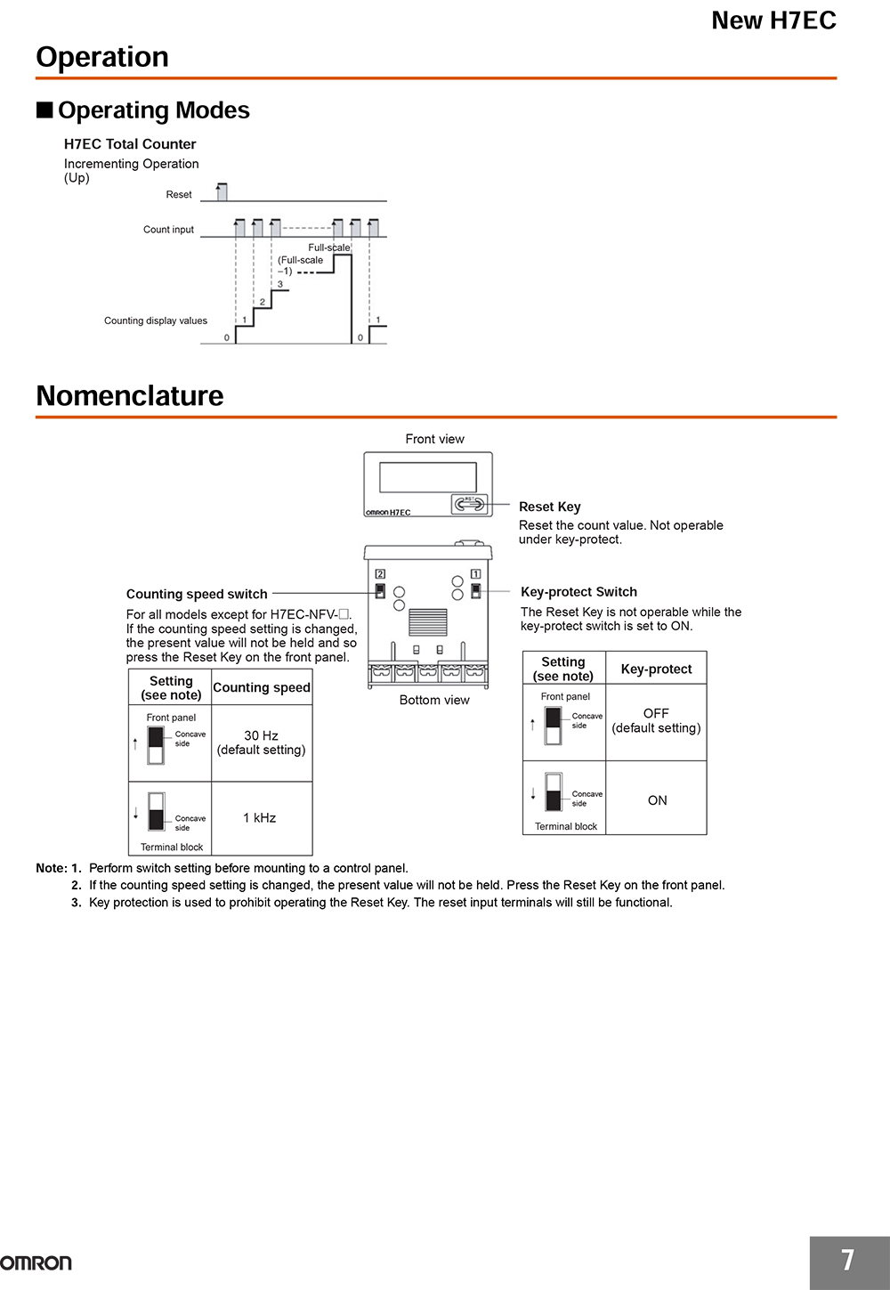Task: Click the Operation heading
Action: click(x=102, y=57)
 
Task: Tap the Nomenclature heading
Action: click(x=130, y=395)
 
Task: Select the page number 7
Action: click(x=847, y=1260)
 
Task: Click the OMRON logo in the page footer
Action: click(x=36, y=1262)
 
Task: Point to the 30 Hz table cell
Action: click(x=261, y=742)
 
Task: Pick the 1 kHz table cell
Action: click(x=259, y=817)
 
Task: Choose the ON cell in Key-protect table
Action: click(x=657, y=800)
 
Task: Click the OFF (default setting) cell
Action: click(x=656, y=720)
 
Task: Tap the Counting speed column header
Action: click(x=261, y=687)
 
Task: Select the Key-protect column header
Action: click(x=656, y=669)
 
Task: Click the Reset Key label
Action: click(x=549, y=507)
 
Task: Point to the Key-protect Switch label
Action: click(x=578, y=592)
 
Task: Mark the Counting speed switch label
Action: click(x=197, y=594)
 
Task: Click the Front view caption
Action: click(x=434, y=439)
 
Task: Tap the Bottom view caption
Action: click(x=434, y=700)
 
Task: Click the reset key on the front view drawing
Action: click(x=469, y=505)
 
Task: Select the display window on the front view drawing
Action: click(x=427, y=477)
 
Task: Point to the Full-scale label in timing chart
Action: click(x=329, y=247)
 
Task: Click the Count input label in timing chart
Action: click(x=168, y=230)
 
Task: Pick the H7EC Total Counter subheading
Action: click(x=130, y=144)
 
